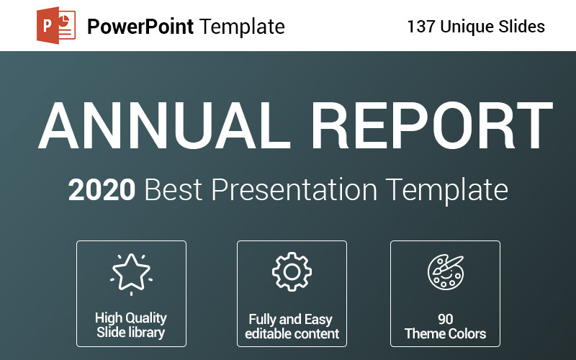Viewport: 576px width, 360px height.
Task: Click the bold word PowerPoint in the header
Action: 140,27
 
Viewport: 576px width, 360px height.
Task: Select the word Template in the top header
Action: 243,27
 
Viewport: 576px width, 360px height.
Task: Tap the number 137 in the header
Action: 421,27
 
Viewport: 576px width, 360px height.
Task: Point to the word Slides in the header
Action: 521,27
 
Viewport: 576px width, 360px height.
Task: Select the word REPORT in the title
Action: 432,127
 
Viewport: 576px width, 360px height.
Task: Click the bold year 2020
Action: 102,190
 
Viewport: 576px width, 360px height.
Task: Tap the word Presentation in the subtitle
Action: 294,190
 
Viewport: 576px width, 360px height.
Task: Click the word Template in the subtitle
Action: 446,190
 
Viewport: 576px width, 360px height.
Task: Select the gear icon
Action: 292,271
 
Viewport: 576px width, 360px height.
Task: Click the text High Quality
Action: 131,318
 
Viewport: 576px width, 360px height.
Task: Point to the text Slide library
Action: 131,333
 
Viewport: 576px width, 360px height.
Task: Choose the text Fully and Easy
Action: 292,319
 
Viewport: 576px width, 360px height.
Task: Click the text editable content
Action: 292,334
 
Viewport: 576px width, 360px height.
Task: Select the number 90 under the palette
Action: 445,318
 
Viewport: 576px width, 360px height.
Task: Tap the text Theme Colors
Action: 445,333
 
